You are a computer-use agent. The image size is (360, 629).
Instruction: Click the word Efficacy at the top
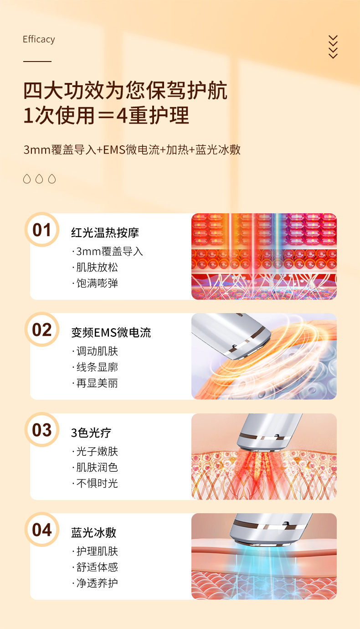click(x=39, y=40)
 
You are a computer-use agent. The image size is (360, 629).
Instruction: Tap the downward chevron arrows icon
click(x=333, y=47)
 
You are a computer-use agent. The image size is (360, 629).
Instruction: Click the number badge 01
click(x=42, y=230)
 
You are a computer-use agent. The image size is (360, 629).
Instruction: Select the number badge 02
click(x=42, y=330)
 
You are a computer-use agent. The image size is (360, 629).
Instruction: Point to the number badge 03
click(x=42, y=430)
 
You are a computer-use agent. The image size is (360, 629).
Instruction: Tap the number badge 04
click(x=42, y=530)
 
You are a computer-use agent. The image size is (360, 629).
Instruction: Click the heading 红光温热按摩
click(x=105, y=233)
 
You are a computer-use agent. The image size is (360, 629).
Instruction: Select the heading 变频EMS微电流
click(x=111, y=333)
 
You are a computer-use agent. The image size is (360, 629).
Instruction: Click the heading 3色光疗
click(x=91, y=433)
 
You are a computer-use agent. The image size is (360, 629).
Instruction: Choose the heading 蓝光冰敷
click(x=93, y=533)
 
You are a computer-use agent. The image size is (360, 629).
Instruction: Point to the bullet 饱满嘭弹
click(x=95, y=284)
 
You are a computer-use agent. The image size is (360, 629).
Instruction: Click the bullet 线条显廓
click(x=95, y=367)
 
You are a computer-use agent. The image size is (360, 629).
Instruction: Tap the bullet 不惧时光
click(x=95, y=484)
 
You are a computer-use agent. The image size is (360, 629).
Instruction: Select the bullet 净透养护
click(x=95, y=583)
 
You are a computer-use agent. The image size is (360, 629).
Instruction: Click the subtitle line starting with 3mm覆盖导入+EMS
click(x=132, y=150)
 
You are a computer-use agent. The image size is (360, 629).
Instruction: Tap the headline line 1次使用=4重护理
click(x=106, y=115)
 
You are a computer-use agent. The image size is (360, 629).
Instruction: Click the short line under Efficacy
click(x=37, y=61)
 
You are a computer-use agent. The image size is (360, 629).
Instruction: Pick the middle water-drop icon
click(x=39, y=179)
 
